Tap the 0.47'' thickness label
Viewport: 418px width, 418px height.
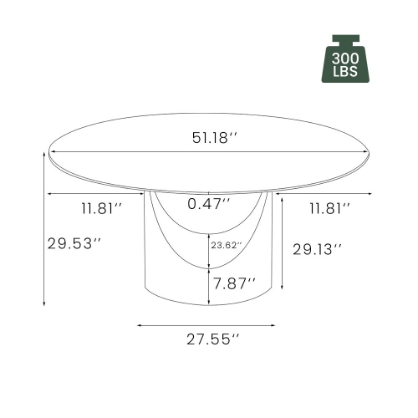[x=209, y=204]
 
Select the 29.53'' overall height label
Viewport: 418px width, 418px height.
[x=75, y=243]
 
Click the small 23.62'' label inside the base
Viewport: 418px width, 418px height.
[x=227, y=245]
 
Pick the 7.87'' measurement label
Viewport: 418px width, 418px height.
[x=235, y=283]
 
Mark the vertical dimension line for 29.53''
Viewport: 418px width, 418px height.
[x=43, y=230]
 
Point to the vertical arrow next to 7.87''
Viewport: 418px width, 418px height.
[x=209, y=286]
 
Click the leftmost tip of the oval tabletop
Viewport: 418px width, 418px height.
[x=48, y=151]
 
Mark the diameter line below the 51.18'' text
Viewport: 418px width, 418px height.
[x=209, y=152]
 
